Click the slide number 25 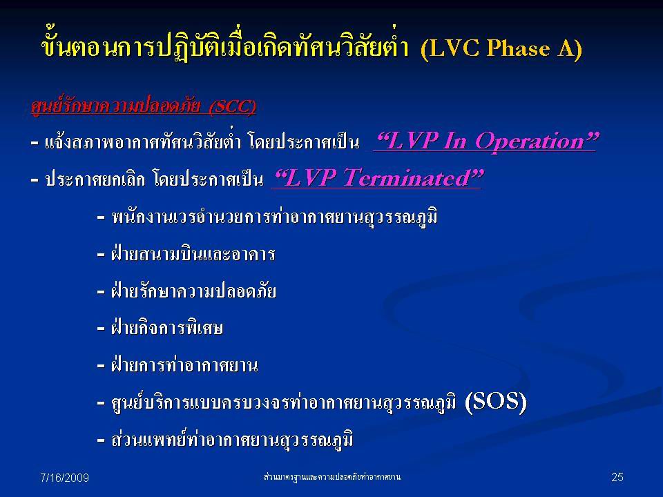click(x=617, y=477)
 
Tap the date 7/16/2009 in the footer click(x=64, y=478)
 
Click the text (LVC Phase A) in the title click(x=501, y=48)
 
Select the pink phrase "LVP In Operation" click(x=486, y=141)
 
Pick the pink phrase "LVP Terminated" click(x=378, y=177)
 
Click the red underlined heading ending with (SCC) click(x=144, y=106)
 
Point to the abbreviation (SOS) click(x=496, y=401)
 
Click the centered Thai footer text click(x=332, y=477)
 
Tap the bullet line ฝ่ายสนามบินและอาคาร click(x=193, y=254)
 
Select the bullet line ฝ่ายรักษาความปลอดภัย click(x=193, y=291)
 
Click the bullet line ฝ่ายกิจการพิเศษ click(x=166, y=328)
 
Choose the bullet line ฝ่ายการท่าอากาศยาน click(x=184, y=364)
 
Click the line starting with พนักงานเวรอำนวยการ click(x=274, y=217)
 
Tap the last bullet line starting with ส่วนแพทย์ click(x=232, y=439)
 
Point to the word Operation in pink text click(x=535, y=142)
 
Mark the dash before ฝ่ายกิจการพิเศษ click(x=101, y=329)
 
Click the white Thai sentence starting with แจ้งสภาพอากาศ click(x=202, y=142)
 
